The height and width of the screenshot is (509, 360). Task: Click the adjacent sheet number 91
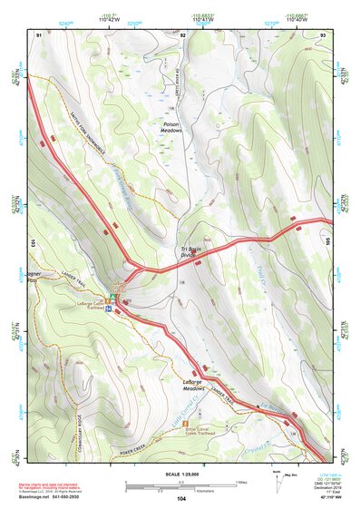tap(39, 34)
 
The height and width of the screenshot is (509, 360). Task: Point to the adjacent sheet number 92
tap(182, 34)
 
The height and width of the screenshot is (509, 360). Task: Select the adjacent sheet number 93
tap(323, 34)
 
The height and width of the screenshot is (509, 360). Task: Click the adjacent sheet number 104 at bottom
tap(181, 498)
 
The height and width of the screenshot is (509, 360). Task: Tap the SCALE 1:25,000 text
tap(181, 473)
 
